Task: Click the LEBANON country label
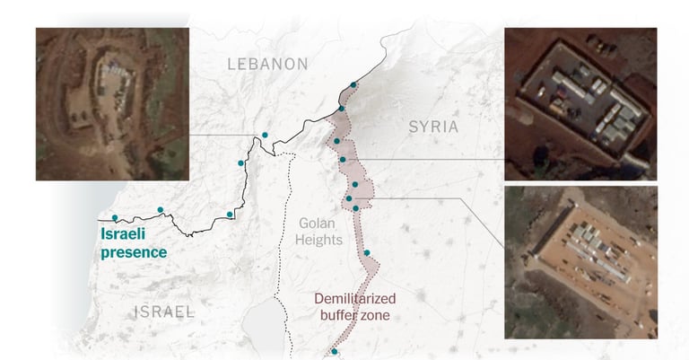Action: pyautogui.click(x=267, y=64)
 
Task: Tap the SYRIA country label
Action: pyautogui.click(x=433, y=127)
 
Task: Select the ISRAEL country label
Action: pyautogui.click(x=164, y=312)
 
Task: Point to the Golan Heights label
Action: pyautogui.click(x=318, y=232)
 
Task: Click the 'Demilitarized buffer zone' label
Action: pyautogui.click(x=354, y=306)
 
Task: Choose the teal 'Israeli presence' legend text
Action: pyautogui.click(x=134, y=243)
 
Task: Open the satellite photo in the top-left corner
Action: pyautogui.click(x=112, y=103)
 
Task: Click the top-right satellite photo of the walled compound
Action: pyautogui.click(x=580, y=103)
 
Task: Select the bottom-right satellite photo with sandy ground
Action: pyautogui.click(x=580, y=262)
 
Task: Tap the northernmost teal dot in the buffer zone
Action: pyautogui.click(x=353, y=85)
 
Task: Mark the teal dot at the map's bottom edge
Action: pyautogui.click(x=334, y=352)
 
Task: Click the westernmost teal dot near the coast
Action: pyautogui.click(x=115, y=217)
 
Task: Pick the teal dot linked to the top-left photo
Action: pyautogui.click(x=265, y=136)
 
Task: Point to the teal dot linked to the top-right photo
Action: pyautogui.click(x=344, y=160)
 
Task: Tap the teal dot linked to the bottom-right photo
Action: pyautogui.click(x=348, y=198)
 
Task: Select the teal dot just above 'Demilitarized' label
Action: pyautogui.click(x=367, y=252)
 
